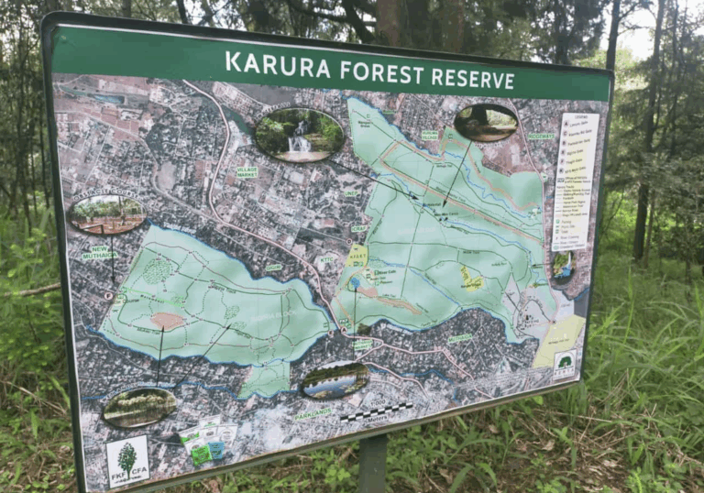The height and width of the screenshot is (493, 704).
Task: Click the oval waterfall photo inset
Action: [x=299, y=135]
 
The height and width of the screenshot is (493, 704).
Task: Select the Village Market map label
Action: [x=247, y=171]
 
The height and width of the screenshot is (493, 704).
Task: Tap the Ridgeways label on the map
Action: [x=542, y=137]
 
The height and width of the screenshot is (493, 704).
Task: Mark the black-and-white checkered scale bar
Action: [x=379, y=410]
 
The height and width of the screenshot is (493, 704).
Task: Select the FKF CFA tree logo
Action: [x=126, y=460]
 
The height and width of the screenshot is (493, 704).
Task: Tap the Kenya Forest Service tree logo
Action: [x=565, y=364]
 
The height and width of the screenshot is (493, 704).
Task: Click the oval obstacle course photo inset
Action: [x=105, y=214]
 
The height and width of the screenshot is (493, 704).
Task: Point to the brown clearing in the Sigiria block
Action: [x=167, y=320]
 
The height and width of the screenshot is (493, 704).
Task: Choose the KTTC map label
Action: [x=327, y=259]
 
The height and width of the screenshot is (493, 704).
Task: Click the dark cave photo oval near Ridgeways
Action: [x=485, y=122]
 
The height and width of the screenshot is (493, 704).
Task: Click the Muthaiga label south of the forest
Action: [x=459, y=337]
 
